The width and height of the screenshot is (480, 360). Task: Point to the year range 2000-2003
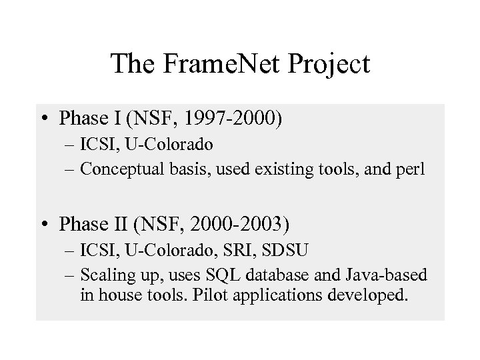point(238,225)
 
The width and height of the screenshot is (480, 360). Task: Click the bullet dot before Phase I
point(48,120)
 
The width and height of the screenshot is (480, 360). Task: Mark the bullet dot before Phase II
point(48,225)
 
